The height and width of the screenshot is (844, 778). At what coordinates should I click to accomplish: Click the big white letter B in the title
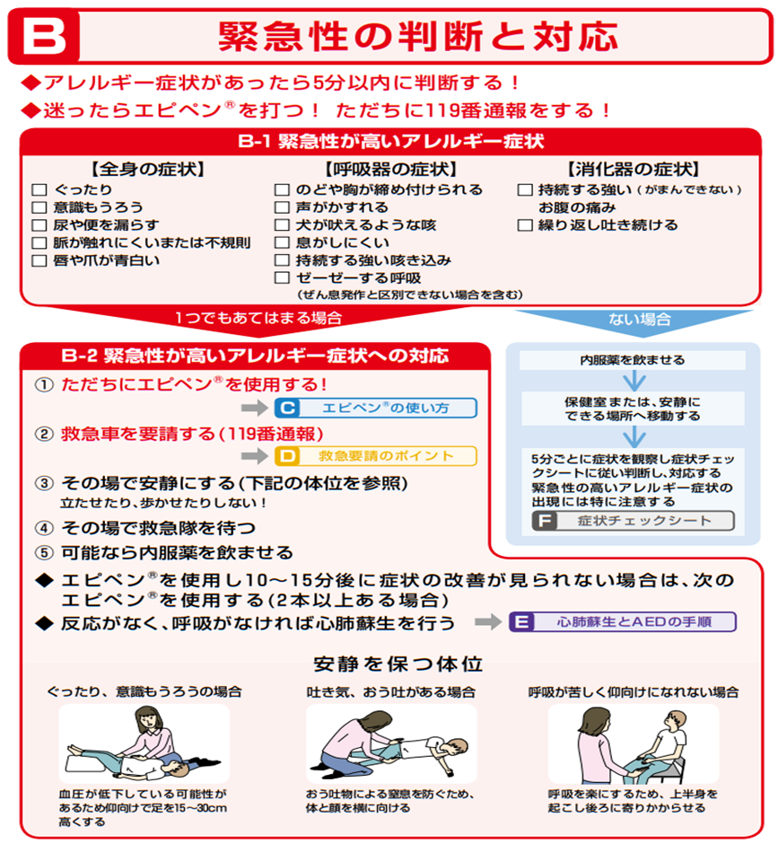45,37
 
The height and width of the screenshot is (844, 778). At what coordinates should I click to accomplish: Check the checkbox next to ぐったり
39,189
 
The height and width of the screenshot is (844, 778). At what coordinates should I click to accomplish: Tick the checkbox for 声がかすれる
282,207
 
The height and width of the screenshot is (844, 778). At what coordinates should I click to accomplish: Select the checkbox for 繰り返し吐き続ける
525,225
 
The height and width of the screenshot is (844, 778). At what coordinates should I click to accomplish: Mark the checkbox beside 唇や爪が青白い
39,260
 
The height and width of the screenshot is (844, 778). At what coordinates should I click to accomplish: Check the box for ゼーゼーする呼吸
282,277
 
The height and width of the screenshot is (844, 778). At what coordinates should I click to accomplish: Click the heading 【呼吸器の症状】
390,170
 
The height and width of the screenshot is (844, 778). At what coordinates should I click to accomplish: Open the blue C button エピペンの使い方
376,408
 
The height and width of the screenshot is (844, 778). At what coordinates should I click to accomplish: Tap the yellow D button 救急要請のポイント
376,456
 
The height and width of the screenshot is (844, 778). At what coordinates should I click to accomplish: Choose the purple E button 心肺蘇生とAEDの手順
623,621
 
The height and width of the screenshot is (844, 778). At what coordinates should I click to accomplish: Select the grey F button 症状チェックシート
633,521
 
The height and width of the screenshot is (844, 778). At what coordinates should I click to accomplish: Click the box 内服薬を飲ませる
633,360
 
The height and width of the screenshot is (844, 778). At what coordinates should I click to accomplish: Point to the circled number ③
44,483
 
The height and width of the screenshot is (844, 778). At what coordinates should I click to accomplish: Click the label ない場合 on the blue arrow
640,319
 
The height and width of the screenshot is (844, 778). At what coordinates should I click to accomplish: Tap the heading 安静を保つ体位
398,664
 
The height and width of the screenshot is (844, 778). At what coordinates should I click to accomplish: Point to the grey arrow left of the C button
255,408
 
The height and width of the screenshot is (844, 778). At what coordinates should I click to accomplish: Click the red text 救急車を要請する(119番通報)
192,434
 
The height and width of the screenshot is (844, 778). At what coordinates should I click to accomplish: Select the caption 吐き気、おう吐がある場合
390,691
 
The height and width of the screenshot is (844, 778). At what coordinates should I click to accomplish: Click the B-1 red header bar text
390,142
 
